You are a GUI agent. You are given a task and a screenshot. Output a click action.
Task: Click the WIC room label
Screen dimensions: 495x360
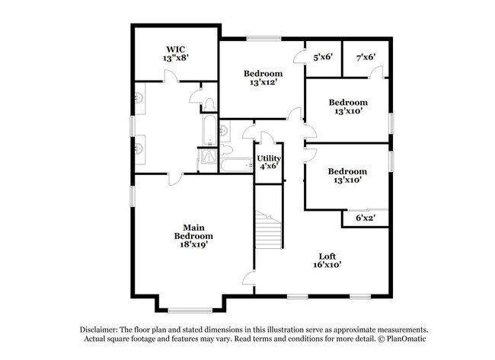coord(176,49)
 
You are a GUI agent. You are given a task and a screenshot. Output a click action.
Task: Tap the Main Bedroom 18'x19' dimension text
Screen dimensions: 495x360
coord(194,244)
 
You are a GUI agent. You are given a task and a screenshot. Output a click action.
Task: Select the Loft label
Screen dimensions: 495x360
coord(327,256)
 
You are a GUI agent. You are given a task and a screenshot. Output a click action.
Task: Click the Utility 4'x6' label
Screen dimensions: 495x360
coord(269,162)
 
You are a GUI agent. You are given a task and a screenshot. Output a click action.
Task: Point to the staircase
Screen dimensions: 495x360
coord(268,230)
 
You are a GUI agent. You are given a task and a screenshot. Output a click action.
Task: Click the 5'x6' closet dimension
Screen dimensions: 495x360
coord(323,57)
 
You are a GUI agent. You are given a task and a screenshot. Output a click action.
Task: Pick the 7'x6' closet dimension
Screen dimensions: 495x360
coord(366,57)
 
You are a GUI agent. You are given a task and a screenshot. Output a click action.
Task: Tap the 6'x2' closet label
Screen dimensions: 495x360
coord(366,218)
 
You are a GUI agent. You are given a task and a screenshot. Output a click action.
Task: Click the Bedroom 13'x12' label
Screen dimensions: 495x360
coord(263,78)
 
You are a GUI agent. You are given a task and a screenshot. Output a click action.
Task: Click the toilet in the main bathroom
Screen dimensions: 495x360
coord(209,105)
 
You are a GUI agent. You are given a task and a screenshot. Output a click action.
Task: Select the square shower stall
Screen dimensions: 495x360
coord(208,156)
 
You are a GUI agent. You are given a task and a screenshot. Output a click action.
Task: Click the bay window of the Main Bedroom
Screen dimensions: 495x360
coord(190,311)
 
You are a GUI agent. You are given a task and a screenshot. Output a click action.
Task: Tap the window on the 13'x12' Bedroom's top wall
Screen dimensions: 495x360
coord(264,39)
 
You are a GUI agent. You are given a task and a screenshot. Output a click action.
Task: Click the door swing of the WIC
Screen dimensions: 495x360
coord(171,76)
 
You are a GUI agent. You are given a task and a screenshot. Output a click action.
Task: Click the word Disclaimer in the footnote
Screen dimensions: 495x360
coord(99,330)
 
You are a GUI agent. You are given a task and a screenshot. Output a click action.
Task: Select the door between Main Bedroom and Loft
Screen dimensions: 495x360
coord(249,279)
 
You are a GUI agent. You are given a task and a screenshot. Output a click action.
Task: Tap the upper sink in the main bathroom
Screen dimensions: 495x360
coord(139,98)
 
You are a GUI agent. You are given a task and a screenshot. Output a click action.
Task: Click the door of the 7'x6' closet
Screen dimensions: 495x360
coord(376,72)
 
